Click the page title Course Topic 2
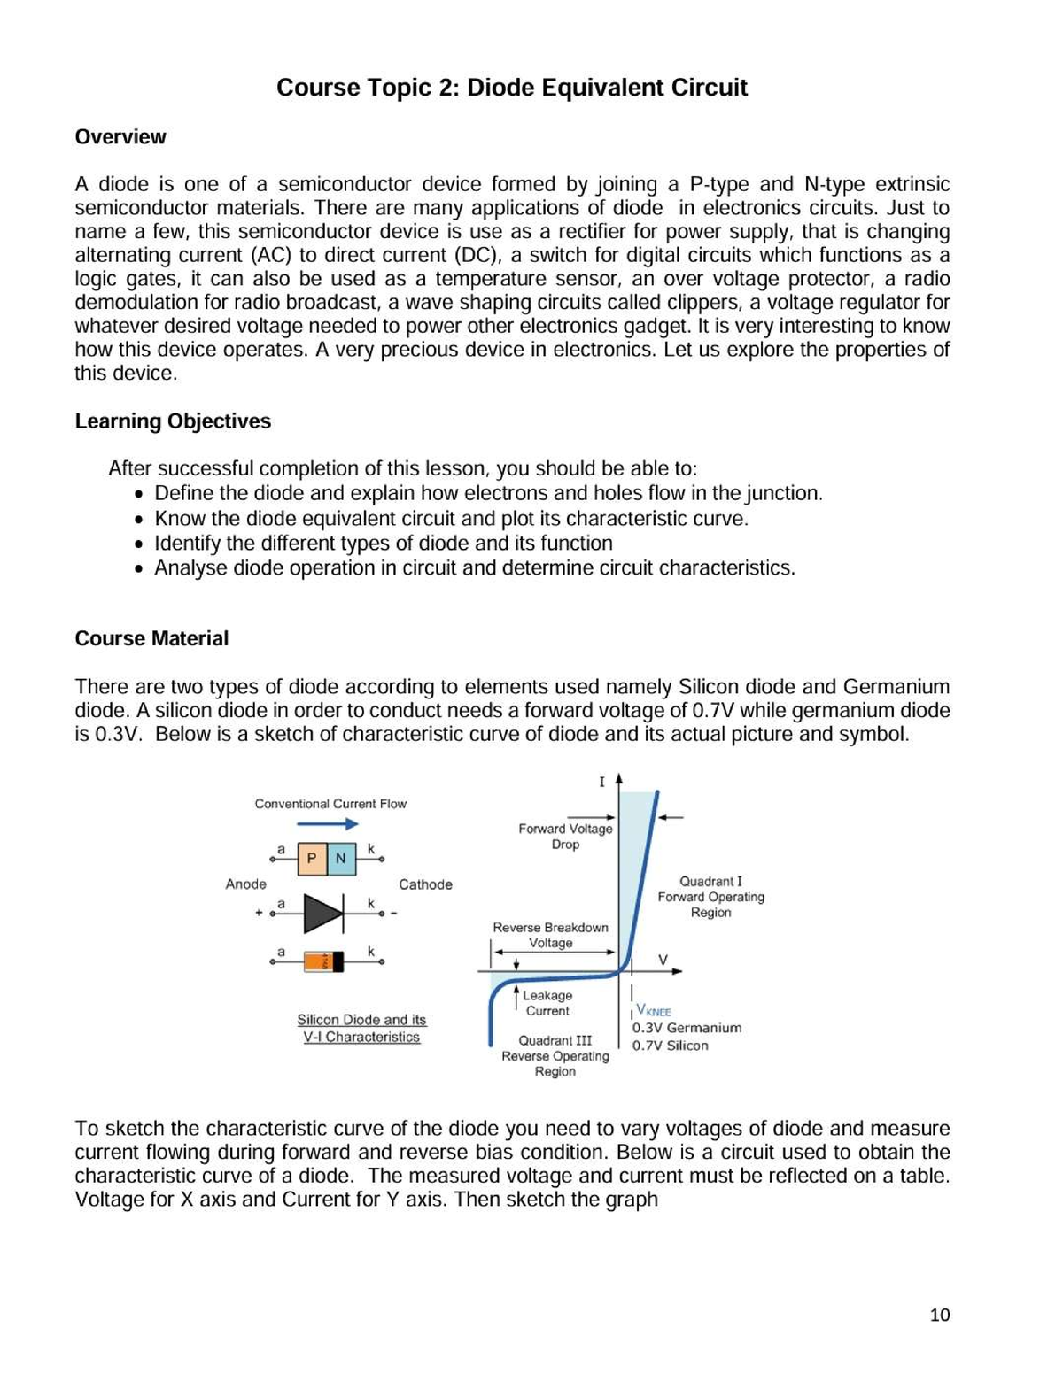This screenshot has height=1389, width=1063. pyautogui.click(x=511, y=88)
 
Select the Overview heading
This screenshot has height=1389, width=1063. pyautogui.click(x=120, y=137)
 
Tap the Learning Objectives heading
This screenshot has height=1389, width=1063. pyautogui.click(x=173, y=421)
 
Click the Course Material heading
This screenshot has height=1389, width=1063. pyautogui.click(x=151, y=639)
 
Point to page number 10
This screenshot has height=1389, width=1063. pyautogui.click(x=939, y=1315)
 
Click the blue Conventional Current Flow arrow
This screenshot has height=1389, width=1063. pyautogui.click(x=327, y=824)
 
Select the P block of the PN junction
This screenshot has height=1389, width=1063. pyautogui.click(x=312, y=858)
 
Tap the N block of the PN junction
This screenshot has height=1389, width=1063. pyautogui.click(x=341, y=858)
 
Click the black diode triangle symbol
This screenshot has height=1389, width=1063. pyautogui.click(x=323, y=913)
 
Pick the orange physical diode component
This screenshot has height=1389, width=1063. pyautogui.click(x=323, y=961)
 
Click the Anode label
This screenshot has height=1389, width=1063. pyautogui.click(x=245, y=884)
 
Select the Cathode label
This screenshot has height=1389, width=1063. pyautogui.click(x=425, y=884)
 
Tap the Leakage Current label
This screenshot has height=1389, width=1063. pyautogui.click(x=547, y=1003)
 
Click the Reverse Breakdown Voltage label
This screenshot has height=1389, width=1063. pyautogui.click(x=550, y=935)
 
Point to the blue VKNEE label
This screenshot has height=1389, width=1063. pyautogui.click(x=654, y=1011)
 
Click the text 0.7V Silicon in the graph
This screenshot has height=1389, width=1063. pyautogui.click(x=670, y=1046)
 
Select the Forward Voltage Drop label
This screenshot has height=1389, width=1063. pyautogui.click(x=565, y=837)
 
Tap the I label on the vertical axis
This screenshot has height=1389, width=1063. pyautogui.click(x=601, y=782)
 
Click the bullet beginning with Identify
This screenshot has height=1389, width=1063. pyautogui.click(x=383, y=544)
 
